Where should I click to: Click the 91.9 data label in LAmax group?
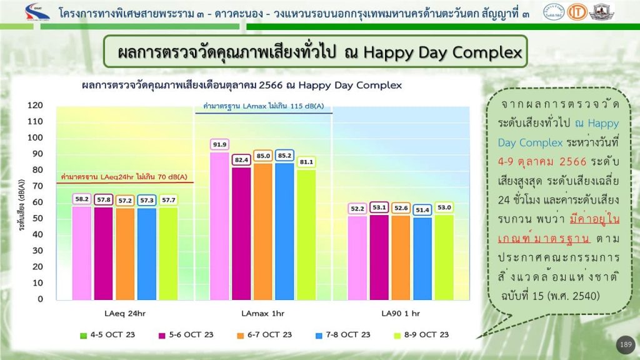[x=219, y=144]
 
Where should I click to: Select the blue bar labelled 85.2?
[x=284, y=231]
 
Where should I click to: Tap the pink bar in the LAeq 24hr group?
[x=82, y=254]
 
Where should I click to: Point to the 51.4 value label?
[x=422, y=210]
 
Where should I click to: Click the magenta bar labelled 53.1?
[x=379, y=257]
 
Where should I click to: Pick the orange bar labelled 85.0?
[x=263, y=232]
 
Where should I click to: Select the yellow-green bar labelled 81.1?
[x=306, y=235]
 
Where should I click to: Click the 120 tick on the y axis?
[x=35, y=105]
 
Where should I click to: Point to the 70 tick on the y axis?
[x=37, y=186]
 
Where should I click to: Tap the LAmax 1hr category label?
[x=263, y=314]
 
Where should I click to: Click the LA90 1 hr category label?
[x=401, y=314]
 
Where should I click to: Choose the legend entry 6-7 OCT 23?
[x=264, y=335]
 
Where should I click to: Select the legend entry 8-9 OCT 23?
[x=421, y=335]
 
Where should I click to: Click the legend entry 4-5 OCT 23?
[x=107, y=335]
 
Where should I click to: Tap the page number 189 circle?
[x=626, y=345]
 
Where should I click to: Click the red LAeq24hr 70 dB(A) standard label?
[x=124, y=177]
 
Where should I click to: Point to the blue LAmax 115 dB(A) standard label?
[x=264, y=106]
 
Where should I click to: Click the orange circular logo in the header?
[x=577, y=12]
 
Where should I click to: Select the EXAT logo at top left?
[x=37, y=12]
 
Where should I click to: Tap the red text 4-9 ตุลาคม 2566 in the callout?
[x=542, y=162]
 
